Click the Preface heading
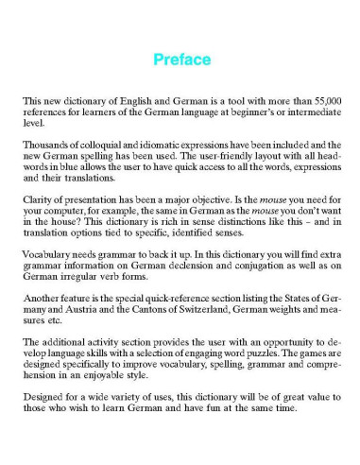180,60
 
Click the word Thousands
45,143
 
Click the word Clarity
39,199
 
